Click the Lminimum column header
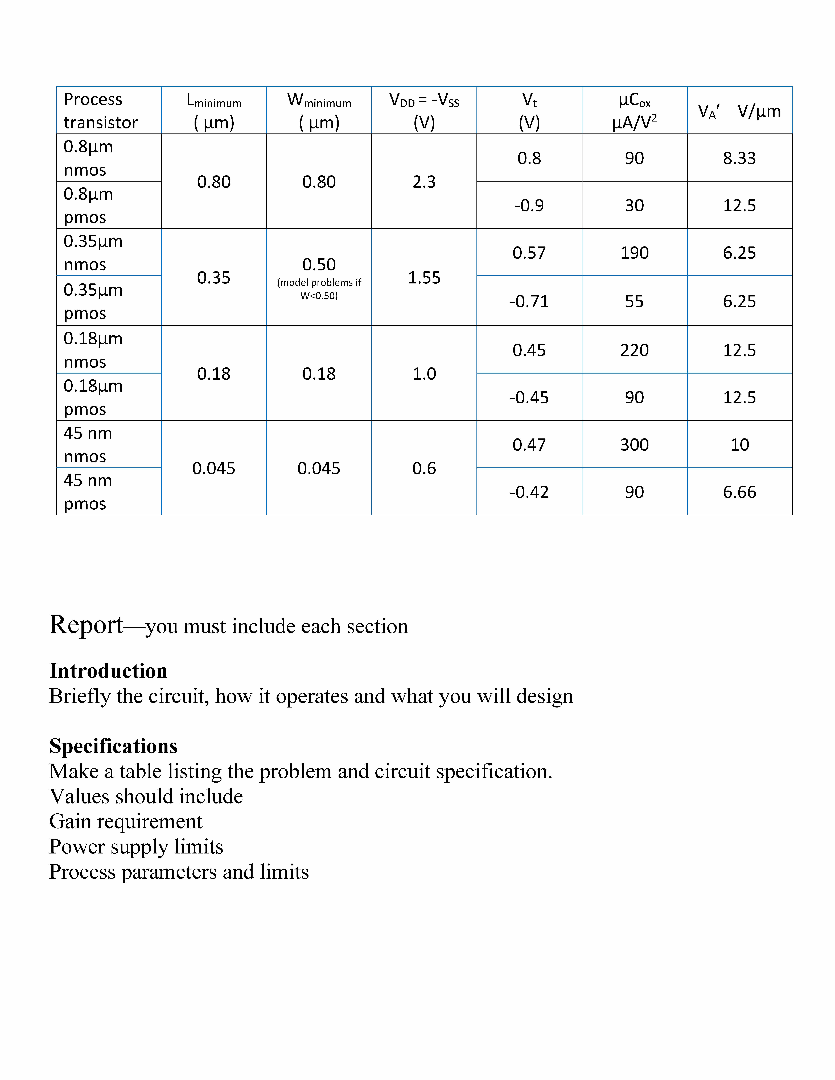click(214, 111)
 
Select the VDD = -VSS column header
click(424, 111)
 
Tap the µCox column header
click(634, 111)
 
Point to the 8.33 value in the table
click(739, 158)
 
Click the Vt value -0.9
click(529, 205)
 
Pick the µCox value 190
click(634, 253)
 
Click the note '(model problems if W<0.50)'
click(319, 289)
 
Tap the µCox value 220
click(634, 350)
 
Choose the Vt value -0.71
click(529, 301)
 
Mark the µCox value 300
click(634, 445)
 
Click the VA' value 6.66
click(739, 492)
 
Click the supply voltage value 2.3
click(424, 182)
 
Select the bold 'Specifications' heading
click(113, 746)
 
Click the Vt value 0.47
click(529, 445)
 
